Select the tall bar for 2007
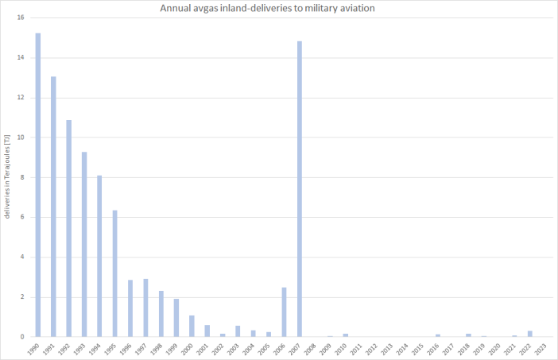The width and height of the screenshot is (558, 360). pos(300,188)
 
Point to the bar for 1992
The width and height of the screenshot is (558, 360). pos(69,228)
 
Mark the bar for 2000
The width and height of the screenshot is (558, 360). pos(192,326)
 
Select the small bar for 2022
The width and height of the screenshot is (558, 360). pos(530,334)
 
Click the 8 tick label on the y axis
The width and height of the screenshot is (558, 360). pos(22,177)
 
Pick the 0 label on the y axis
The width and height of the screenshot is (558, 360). pos(22,337)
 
